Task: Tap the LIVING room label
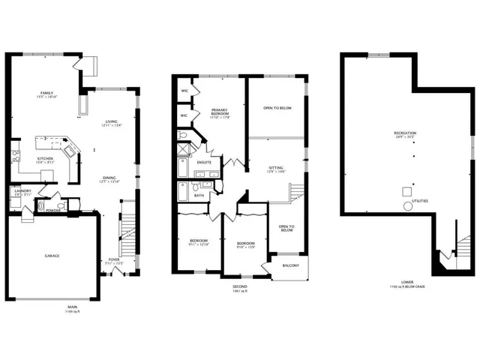point(112,121)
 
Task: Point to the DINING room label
point(109,178)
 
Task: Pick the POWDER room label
point(52,210)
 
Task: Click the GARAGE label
point(51,256)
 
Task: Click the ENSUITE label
point(204,162)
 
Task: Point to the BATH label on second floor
point(199,195)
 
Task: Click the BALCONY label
point(291,265)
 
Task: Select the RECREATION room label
point(405,134)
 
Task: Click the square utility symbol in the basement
point(406,190)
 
